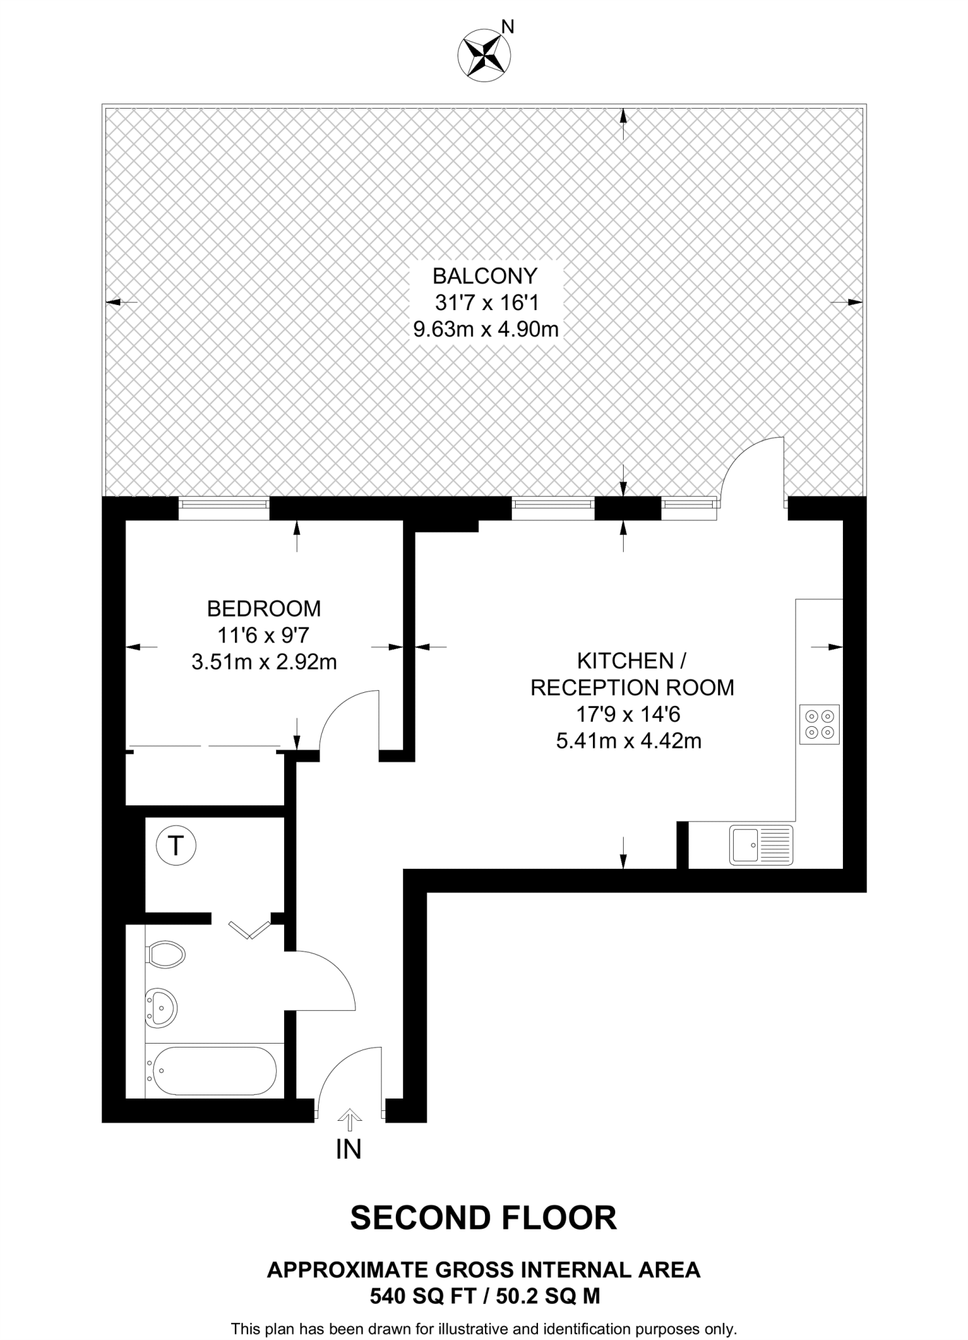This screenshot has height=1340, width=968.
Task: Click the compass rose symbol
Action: [484, 58]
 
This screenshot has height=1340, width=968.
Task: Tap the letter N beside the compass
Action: [507, 27]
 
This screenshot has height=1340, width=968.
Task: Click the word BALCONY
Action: [485, 276]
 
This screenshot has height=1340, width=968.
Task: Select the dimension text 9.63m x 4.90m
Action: [486, 329]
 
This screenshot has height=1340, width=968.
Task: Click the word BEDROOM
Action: [264, 608]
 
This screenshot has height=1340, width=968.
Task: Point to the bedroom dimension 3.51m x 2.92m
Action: [264, 662]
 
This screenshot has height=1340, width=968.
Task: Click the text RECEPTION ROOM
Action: [632, 688]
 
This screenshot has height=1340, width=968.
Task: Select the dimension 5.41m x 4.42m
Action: [628, 741]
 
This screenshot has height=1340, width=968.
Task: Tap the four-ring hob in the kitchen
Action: [819, 724]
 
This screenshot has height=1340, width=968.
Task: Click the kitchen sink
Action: [761, 845]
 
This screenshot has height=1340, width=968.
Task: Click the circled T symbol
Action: [175, 846]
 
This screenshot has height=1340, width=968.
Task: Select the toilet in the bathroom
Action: [166, 955]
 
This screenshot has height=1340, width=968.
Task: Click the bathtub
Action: [211, 1071]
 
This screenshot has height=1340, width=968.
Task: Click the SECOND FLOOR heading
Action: [483, 1218]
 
